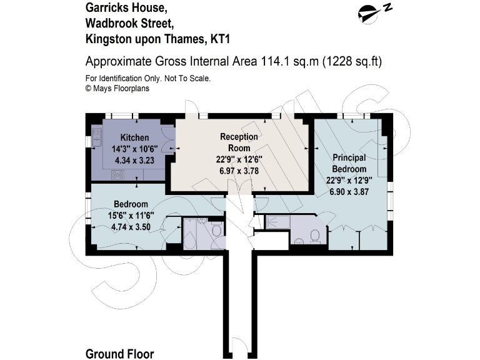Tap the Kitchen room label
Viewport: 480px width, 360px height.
click(134, 138)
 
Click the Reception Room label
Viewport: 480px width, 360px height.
click(234, 142)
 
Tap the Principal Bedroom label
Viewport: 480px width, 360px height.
click(349, 163)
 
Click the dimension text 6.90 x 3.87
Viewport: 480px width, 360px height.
click(349, 192)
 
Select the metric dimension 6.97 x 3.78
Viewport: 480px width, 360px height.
click(234, 169)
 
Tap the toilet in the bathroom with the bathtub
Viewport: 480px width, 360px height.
click(216, 231)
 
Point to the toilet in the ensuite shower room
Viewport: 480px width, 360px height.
click(315, 236)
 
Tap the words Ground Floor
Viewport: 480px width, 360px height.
click(119, 354)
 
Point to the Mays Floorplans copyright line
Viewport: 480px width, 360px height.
click(117, 88)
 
